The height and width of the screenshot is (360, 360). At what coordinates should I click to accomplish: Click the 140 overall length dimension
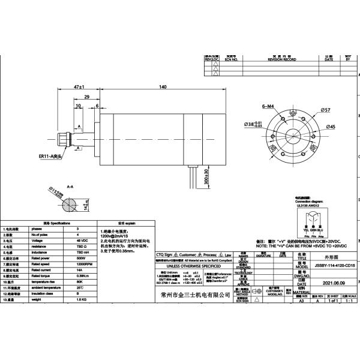162,88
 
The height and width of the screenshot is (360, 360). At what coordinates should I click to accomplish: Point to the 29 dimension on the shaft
87,97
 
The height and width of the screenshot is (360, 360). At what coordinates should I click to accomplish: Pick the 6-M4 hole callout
268,106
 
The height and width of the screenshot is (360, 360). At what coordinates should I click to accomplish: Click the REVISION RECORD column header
282,60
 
